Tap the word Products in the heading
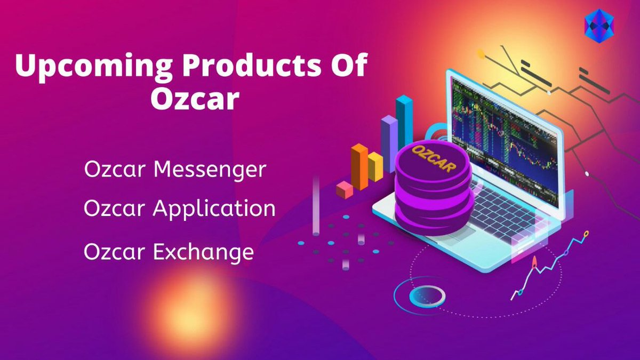(x=250, y=65)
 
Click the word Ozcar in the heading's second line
(x=195, y=99)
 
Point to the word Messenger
(x=210, y=170)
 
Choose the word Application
(x=214, y=209)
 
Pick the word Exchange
(x=203, y=252)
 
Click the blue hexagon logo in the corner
(x=598, y=26)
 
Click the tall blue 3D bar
(x=404, y=120)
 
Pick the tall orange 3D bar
(x=359, y=166)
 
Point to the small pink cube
(x=345, y=189)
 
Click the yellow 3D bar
(x=375, y=166)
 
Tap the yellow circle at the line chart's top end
(x=586, y=234)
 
